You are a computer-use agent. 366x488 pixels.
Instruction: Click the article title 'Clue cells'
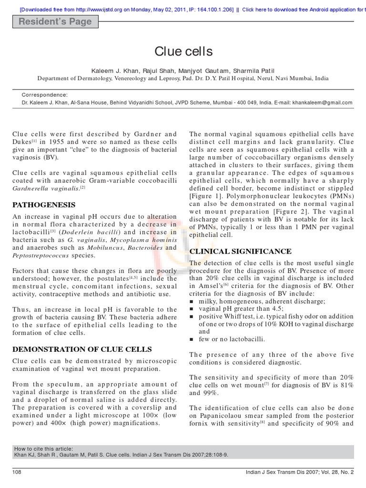pos(183,51)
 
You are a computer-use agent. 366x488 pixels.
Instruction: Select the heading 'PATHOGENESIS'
pos(44,205)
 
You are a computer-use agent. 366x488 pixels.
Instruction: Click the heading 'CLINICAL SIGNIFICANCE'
pos(240,251)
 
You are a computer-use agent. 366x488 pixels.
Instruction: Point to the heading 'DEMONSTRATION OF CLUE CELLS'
pos(82,349)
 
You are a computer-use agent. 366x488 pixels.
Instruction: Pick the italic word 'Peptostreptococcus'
pos(42,256)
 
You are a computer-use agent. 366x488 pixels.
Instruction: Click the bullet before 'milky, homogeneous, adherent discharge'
pos(192,302)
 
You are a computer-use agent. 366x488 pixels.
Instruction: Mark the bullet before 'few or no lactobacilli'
pos(192,339)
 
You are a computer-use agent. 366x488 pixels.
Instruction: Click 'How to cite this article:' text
pos(44,448)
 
